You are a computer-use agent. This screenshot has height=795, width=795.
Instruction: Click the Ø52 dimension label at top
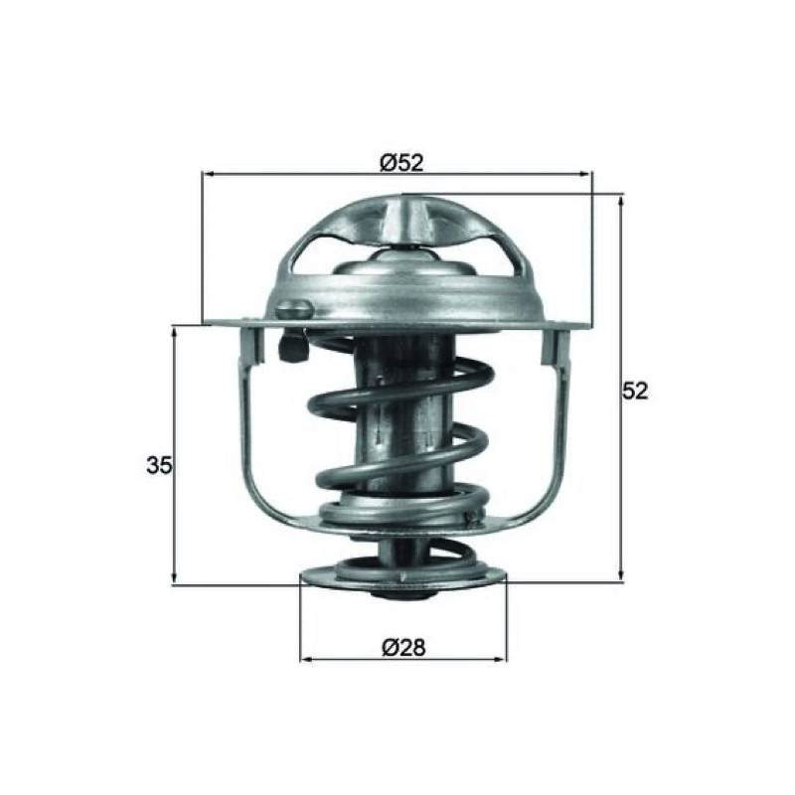click(x=401, y=163)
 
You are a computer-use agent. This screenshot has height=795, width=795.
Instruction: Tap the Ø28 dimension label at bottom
click(x=404, y=648)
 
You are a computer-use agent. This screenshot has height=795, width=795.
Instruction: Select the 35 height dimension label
click(x=160, y=465)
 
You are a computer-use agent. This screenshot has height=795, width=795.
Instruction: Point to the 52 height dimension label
click(x=635, y=391)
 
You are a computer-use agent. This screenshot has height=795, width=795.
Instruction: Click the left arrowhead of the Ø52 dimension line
click(x=208, y=174)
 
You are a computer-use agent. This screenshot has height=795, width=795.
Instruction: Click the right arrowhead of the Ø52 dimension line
click(x=585, y=174)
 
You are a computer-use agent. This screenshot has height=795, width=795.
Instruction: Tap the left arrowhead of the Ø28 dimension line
click(x=306, y=660)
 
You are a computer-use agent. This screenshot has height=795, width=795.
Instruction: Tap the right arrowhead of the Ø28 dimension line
click(x=501, y=660)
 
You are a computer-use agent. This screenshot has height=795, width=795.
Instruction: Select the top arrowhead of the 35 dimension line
click(x=175, y=332)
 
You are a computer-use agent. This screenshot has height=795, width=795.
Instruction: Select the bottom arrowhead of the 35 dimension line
click(x=175, y=578)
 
